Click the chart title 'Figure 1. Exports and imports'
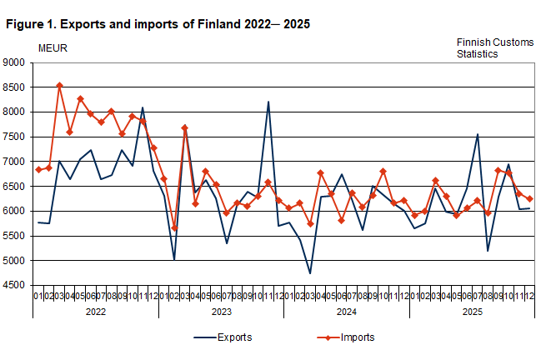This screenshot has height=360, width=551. [x=158, y=24]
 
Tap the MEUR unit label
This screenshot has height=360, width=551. [x=53, y=47]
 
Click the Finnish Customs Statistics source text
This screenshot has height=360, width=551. [x=486, y=47]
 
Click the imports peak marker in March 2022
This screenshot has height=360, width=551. [x=59, y=85]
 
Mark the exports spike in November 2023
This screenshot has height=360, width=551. [x=268, y=102]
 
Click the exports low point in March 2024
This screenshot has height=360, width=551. [x=310, y=273]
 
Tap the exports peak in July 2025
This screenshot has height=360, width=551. [x=477, y=134]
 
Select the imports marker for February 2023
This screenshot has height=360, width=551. [x=174, y=227]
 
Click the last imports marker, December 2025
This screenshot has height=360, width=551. [x=529, y=198]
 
